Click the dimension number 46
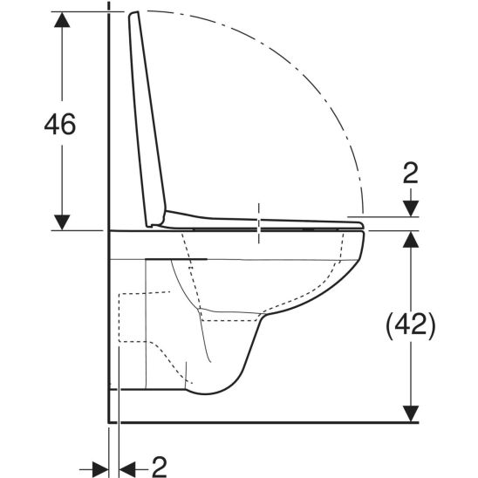tap(60, 124)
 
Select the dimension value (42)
tap(409, 325)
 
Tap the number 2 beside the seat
tap(410, 173)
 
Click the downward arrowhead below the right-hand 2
tap(409, 209)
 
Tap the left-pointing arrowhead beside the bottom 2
tap(126, 463)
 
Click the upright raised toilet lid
tap(148, 113)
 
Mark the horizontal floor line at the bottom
tap(262, 421)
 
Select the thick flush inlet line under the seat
tap(179, 259)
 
